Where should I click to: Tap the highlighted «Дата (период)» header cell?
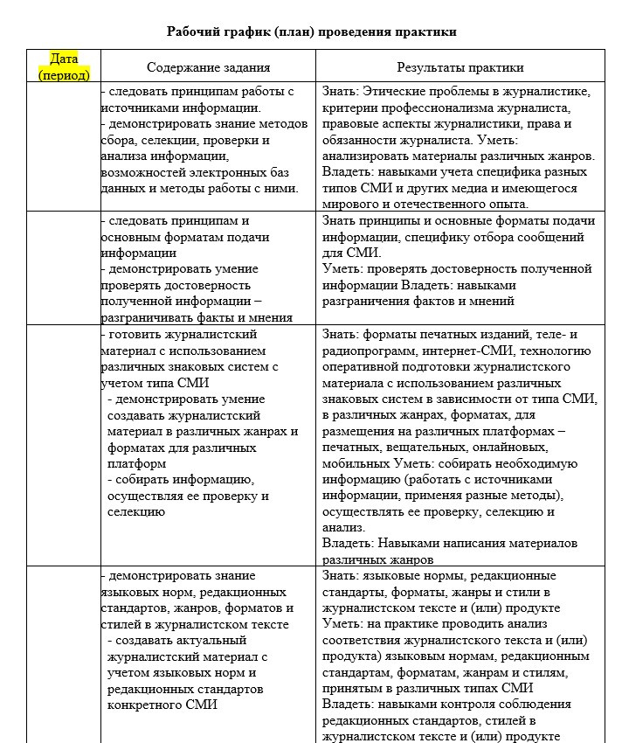tap(64, 67)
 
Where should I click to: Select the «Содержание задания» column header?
tap(208, 67)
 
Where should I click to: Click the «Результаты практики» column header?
tap(460, 67)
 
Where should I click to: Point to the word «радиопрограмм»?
tap(365, 351)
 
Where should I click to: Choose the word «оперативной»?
tap(360, 367)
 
